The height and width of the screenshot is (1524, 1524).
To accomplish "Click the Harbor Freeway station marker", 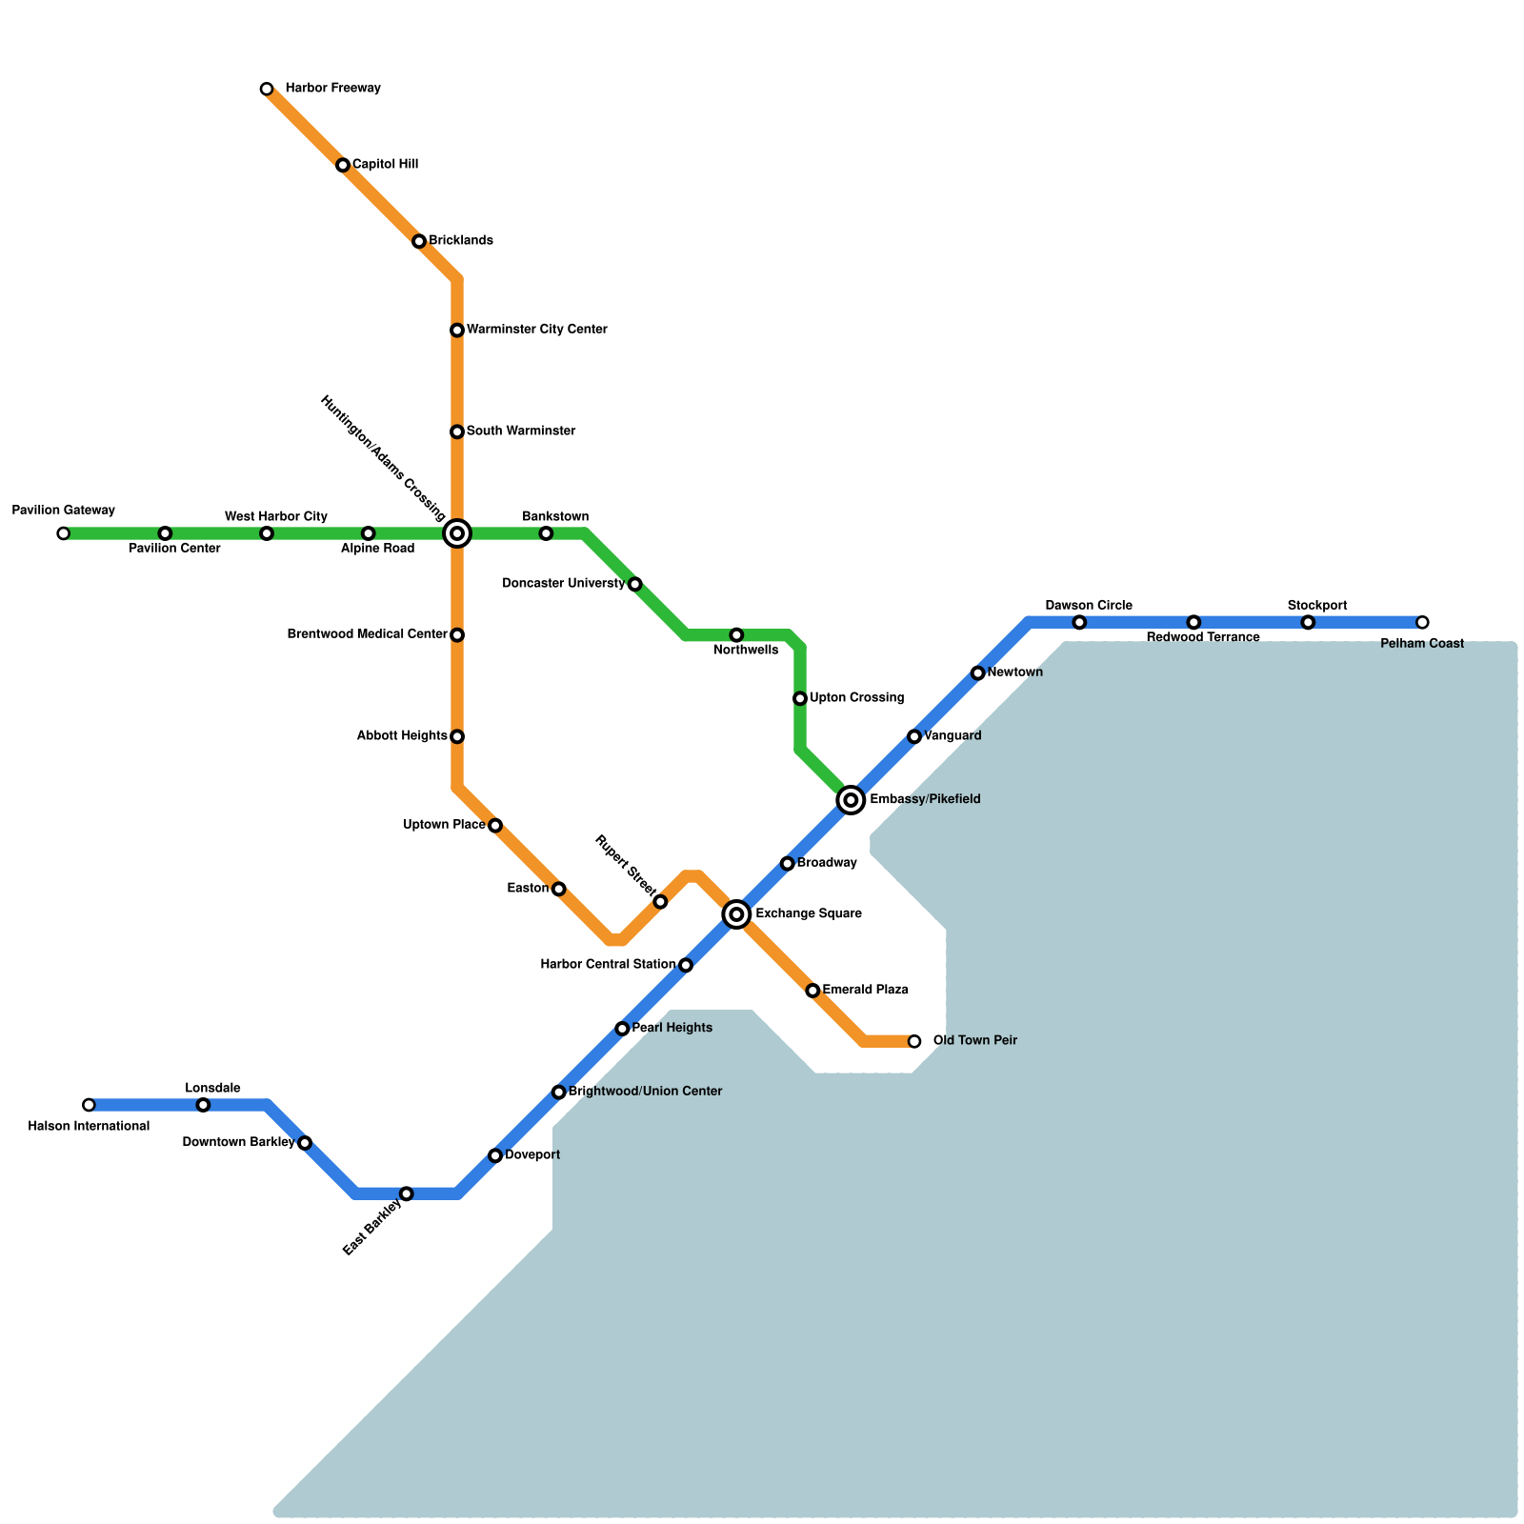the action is (x=267, y=90).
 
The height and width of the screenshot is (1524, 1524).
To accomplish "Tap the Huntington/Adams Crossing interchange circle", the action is (x=457, y=533).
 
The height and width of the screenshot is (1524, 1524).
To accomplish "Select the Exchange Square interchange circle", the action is (x=736, y=914).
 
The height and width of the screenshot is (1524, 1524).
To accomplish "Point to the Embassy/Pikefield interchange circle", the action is (x=851, y=800).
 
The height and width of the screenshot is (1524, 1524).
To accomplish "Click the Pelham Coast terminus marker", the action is (x=1422, y=623).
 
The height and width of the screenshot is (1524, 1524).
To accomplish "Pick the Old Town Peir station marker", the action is (x=914, y=1041).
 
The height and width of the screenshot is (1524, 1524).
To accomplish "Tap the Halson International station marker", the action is (x=89, y=1105).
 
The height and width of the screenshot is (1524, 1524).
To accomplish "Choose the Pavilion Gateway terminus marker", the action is (x=63, y=533).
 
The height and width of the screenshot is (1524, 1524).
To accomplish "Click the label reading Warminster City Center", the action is (x=536, y=330).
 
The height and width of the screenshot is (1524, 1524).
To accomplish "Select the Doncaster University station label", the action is (x=563, y=583).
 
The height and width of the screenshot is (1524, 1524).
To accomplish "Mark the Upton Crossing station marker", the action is (x=800, y=698).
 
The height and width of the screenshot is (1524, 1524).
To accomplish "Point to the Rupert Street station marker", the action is (x=660, y=902).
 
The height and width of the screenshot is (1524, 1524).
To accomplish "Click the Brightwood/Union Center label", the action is (x=645, y=1092).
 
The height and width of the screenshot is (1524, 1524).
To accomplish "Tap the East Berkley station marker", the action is (x=407, y=1193).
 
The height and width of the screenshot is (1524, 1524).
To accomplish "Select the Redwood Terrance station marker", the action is (x=1193, y=623).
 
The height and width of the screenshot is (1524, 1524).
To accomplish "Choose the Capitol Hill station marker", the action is (x=343, y=166).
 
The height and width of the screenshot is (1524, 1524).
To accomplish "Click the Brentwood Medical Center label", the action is (x=367, y=634).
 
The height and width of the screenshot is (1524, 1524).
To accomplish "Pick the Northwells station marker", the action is (x=736, y=635).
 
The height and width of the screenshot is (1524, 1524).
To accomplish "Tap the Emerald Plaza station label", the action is (x=865, y=991).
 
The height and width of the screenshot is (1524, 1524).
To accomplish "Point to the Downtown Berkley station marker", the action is (x=305, y=1143).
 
